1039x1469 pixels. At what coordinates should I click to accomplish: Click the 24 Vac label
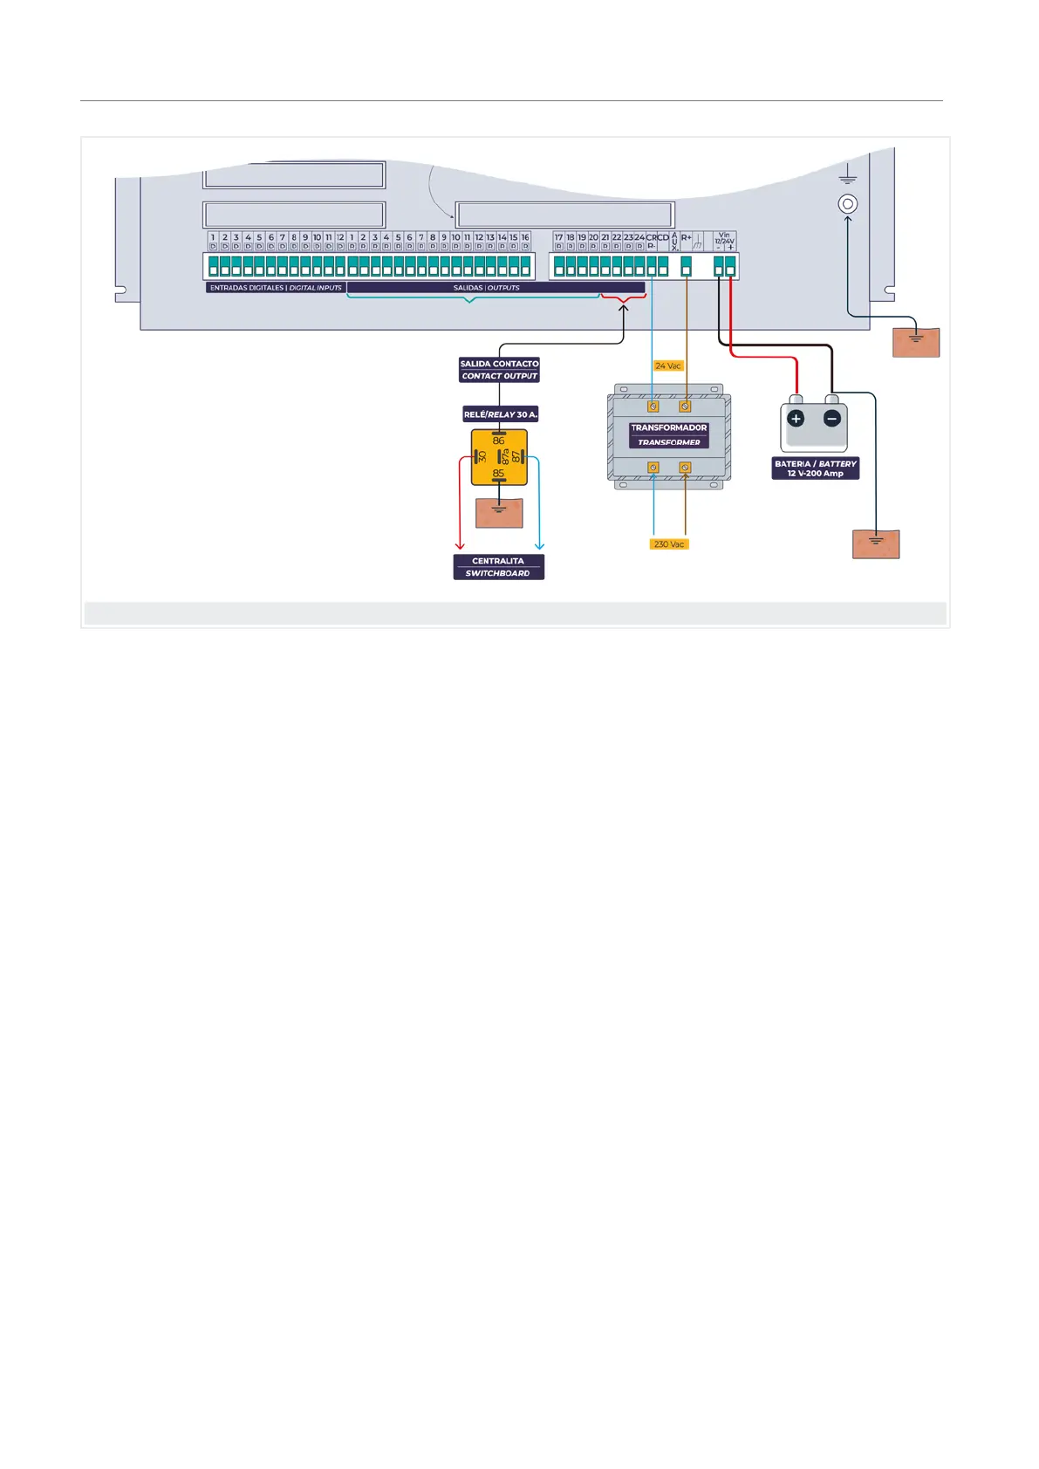pyautogui.click(x=668, y=366)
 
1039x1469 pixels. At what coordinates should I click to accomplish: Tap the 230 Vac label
pyautogui.click(x=669, y=544)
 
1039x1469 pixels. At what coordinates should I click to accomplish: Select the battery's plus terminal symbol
pyautogui.click(x=796, y=419)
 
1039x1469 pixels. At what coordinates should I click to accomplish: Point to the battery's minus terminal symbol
pyautogui.click(x=832, y=419)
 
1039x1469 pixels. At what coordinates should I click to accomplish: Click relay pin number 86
pyautogui.click(x=498, y=441)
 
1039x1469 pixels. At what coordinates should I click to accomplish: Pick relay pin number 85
pyautogui.click(x=498, y=474)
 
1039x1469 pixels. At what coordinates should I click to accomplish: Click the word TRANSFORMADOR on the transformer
pyautogui.click(x=668, y=427)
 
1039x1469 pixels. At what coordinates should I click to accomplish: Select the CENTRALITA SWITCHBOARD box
pyautogui.click(x=498, y=567)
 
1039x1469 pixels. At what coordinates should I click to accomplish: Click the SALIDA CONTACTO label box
pyautogui.click(x=499, y=370)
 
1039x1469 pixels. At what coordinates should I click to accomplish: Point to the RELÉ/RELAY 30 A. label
pyautogui.click(x=500, y=414)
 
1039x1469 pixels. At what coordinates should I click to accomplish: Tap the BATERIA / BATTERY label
pyautogui.click(x=816, y=468)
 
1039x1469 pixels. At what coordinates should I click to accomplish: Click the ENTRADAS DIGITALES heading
pyautogui.click(x=276, y=288)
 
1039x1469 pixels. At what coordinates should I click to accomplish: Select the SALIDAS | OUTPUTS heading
pyautogui.click(x=486, y=288)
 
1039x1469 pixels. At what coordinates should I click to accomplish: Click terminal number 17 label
pyautogui.click(x=558, y=237)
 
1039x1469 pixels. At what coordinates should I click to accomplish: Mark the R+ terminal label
pyautogui.click(x=686, y=237)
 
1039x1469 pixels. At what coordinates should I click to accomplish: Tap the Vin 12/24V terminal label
pyautogui.click(x=724, y=239)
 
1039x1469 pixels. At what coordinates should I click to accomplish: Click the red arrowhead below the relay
pyautogui.click(x=460, y=546)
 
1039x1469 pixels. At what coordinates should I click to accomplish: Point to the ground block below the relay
pyautogui.click(x=499, y=513)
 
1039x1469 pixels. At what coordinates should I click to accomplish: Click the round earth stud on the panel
pyautogui.click(x=847, y=204)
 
